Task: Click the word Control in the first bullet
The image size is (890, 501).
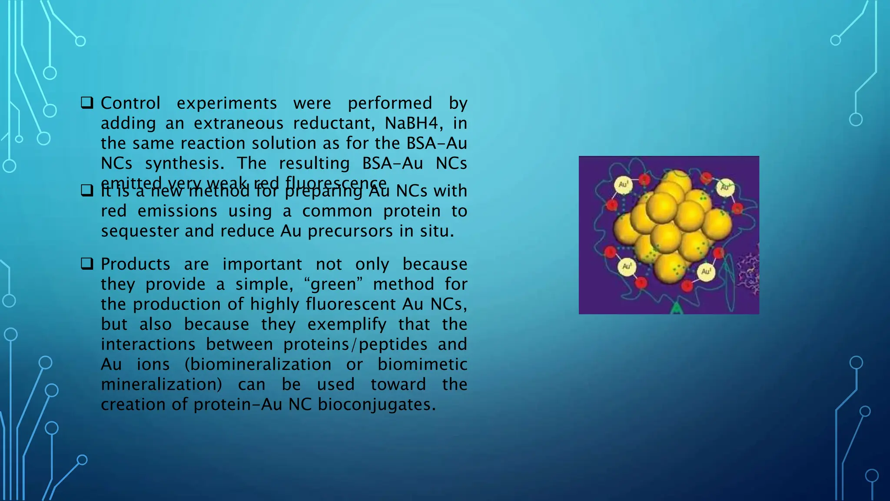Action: [x=130, y=104]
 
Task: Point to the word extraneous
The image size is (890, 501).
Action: [x=239, y=124]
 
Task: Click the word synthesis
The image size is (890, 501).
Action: [x=185, y=164]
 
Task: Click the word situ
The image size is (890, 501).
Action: [x=437, y=231]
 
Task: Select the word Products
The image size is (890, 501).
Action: [x=136, y=264]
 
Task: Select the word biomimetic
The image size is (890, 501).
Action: [x=422, y=364]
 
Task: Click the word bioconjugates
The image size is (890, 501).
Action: [x=376, y=404]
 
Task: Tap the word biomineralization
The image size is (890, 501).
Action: [x=258, y=364]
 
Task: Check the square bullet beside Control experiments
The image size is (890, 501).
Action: [x=87, y=103]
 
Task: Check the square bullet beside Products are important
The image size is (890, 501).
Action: [x=87, y=264]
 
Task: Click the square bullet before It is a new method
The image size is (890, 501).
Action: [x=87, y=191]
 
